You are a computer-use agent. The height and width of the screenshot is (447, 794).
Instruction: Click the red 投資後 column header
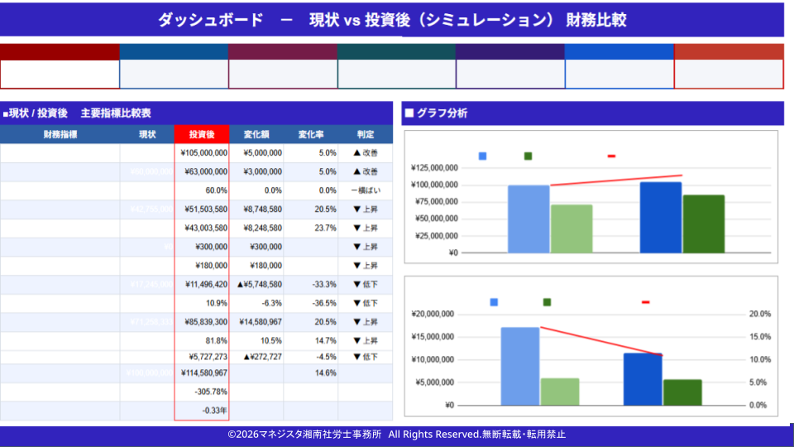tap(202, 134)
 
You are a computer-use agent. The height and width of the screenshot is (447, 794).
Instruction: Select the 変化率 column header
tap(310, 134)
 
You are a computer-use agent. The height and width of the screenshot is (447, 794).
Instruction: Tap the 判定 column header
tap(365, 134)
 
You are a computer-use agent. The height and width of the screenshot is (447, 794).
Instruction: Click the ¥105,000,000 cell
tap(203, 153)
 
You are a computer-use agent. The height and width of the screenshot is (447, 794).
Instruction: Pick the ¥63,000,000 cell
tap(203, 172)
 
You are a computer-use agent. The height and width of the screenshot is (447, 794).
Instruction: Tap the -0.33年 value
tap(214, 411)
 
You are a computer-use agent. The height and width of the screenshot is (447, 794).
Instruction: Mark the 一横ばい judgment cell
tap(365, 190)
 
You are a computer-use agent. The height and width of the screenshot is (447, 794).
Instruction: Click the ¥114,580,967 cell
tap(203, 373)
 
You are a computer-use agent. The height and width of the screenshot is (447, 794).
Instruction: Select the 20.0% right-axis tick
tap(759, 315)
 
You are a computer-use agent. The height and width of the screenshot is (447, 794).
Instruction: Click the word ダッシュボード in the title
tap(210, 20)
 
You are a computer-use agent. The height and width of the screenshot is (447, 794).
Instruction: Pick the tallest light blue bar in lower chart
tap(520, 366)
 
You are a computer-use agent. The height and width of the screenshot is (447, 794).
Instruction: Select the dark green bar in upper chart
tap(704, 223)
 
